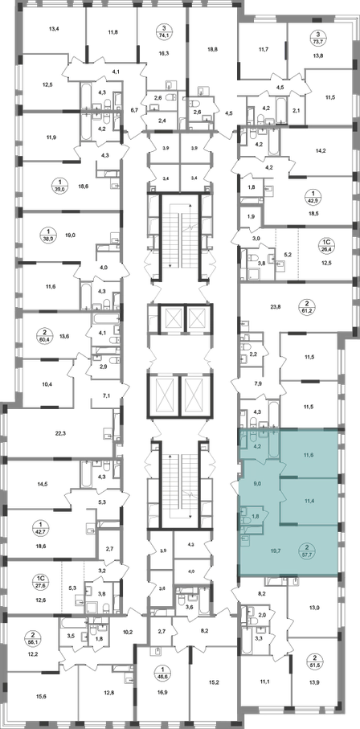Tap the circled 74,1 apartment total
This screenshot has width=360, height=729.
[163, 31]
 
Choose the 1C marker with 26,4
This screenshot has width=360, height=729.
[326, 244]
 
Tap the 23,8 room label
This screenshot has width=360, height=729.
[276, 306]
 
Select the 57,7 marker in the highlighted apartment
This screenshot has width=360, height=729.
[306, 550]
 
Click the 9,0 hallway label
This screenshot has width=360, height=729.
[256, 484]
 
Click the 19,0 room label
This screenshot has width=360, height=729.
[70, 235]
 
